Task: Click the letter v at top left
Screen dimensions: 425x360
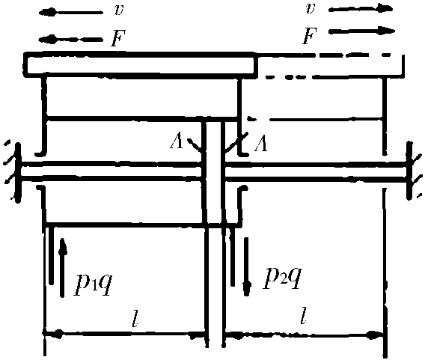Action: pos(119,10)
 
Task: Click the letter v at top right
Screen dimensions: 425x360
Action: pos(311,9)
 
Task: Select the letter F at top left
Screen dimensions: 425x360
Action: pos(118,38)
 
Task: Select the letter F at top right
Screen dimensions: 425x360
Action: pos(310,36)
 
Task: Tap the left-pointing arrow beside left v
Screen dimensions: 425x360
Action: pos(71,13)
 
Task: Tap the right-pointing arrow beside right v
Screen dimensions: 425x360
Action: pos(361,9)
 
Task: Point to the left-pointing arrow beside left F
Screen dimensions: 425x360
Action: pos(71,40)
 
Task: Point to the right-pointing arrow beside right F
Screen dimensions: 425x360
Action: pos(361,31)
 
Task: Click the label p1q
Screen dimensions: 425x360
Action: pos(93,282)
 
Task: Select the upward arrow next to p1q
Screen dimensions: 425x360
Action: pos(63,268)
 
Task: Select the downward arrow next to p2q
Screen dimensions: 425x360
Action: pos(247,266)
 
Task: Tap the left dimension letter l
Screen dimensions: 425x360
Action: pos(135,317)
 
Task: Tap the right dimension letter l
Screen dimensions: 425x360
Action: pos(304,316)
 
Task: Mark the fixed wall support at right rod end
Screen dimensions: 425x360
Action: pos(413,171)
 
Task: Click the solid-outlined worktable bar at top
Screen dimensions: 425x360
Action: pos(140,65)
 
